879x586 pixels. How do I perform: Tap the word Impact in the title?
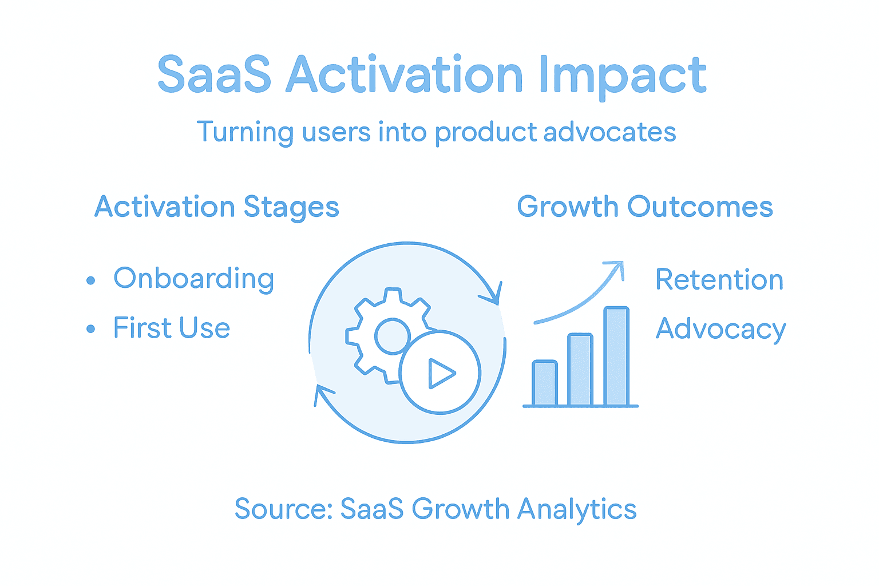[622, 76]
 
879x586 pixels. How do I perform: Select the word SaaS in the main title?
[214, 76]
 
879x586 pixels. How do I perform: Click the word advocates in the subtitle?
[609, 132]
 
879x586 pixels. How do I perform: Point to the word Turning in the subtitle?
[245, 132]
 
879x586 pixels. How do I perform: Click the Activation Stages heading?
[217, 207]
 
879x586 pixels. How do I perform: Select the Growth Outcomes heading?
[645, 207]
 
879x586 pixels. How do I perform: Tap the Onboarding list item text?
[194, 279]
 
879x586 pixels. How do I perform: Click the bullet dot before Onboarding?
[90, 280]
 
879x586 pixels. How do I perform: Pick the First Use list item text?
[172, 328]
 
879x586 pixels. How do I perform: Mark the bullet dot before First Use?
[90, 329]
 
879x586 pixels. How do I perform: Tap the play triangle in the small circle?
[440, 373]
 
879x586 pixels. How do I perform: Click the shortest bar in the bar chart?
[544, 383]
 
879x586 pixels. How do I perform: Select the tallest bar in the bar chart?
[616, 357]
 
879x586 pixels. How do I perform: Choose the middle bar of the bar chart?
[580, 370]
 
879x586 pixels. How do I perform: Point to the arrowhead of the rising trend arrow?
[617, 268]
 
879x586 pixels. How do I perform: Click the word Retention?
[719, 280]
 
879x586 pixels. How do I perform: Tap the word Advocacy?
[721, 329]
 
